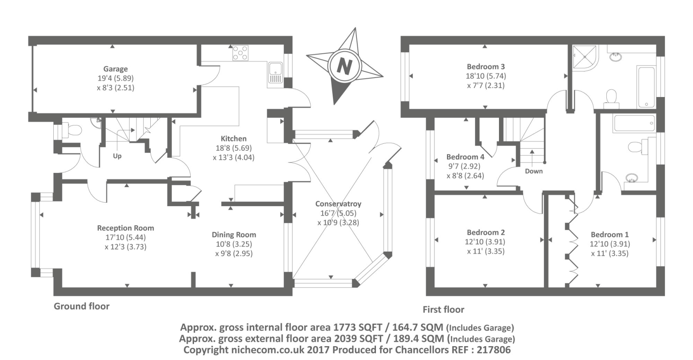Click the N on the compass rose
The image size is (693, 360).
344,66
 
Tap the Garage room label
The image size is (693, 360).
115,69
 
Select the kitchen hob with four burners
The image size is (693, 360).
240,53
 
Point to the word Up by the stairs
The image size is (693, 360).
117,156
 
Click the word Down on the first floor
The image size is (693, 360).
534,171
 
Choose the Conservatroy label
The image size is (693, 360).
338,204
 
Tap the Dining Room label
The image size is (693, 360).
234,235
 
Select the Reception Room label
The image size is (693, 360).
126,228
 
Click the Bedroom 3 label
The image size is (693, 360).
486,67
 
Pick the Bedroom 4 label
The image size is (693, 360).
465,157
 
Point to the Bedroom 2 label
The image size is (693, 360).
486,233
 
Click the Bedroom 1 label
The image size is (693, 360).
609,234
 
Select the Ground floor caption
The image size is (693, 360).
81,306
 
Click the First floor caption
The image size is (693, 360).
443,309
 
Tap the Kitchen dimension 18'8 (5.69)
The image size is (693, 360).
233,148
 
